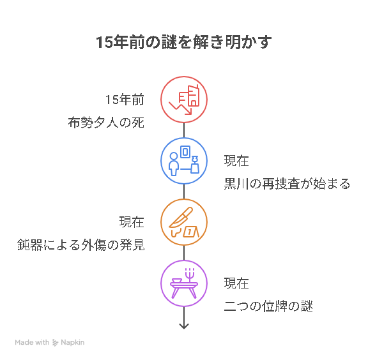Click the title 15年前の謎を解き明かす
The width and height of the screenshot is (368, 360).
tap(184, 42)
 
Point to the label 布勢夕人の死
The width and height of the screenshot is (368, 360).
tap(106, 123)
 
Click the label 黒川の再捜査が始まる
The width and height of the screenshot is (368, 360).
tap(287, 184)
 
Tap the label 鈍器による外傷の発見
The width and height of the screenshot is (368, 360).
tap(81, 245)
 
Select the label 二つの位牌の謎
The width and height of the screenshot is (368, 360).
tap(268, 306)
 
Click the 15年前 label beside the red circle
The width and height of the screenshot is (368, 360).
tap(125, 100)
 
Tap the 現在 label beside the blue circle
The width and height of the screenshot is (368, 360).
tap(236, 161)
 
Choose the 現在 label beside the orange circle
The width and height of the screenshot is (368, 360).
tap(132, 222)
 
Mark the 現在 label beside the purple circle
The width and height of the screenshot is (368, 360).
tap(236, 283)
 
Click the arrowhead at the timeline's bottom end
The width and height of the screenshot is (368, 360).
tap(184, 328)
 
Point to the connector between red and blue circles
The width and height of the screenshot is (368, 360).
tap(184, 130)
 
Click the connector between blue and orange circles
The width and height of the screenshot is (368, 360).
tap(184, 191)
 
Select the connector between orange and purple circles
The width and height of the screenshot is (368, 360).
tap(184, 253)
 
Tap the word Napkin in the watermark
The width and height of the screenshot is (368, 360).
tap(73, 342)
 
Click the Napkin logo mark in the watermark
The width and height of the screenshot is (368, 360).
tap(55, 343)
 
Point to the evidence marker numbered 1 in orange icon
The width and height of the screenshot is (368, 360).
tap(191, 232)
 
